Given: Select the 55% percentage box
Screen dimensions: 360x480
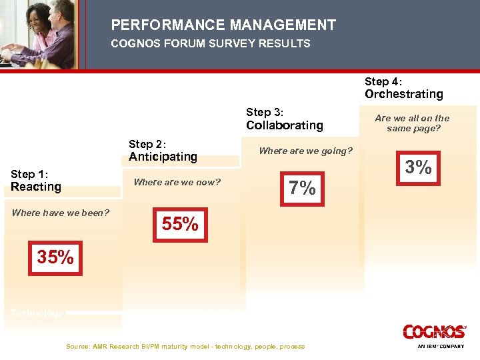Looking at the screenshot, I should coord(180,225).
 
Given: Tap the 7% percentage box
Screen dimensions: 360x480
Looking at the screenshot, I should coord(302,189).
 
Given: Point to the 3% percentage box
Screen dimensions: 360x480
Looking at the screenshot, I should coord(418,167).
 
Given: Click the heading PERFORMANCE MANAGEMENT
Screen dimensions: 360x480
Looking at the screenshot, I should coord(223,25).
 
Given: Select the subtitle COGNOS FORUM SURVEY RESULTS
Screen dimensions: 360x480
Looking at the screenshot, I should coord(211,43).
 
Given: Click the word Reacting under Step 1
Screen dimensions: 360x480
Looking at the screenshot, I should coord(36,187).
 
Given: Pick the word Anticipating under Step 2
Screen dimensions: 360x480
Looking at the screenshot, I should coord(163,157).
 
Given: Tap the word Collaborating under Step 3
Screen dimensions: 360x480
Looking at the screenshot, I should coord(284,125).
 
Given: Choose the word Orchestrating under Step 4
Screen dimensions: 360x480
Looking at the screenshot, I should coord(403,94).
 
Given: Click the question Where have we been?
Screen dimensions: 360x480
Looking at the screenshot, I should coord(61,213).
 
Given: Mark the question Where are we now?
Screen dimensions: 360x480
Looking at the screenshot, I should coord(177,182).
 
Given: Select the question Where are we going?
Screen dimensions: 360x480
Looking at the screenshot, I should coord(305,151).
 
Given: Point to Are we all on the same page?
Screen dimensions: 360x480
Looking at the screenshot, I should coord(412,123).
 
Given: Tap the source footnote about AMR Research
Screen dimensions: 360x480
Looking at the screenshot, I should coord(185,347).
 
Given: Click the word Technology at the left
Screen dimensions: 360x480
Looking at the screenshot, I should coord(37,313).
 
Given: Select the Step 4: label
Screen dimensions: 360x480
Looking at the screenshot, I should coord(383,81).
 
